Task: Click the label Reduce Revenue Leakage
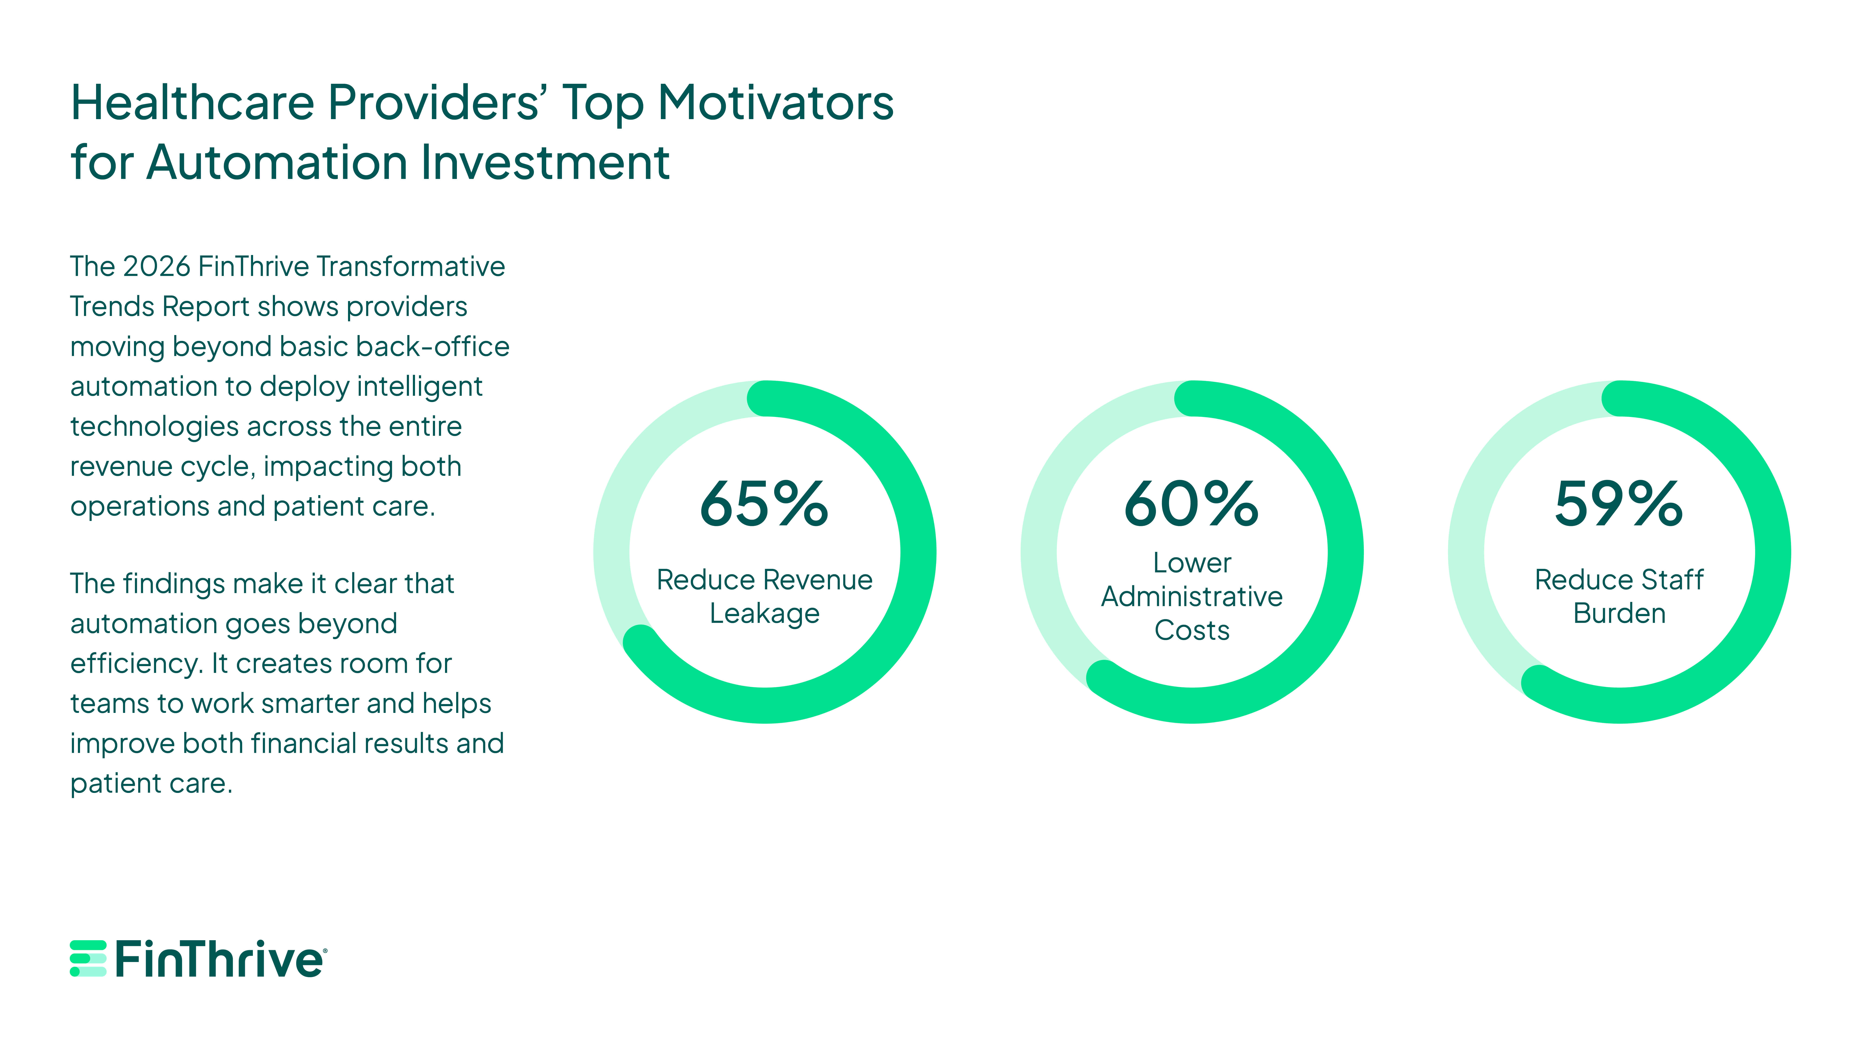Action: click(764, 596)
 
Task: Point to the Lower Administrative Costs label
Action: click(1191, 596)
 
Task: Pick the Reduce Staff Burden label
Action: click(1619, 596)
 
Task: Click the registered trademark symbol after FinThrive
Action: click(325, 951)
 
